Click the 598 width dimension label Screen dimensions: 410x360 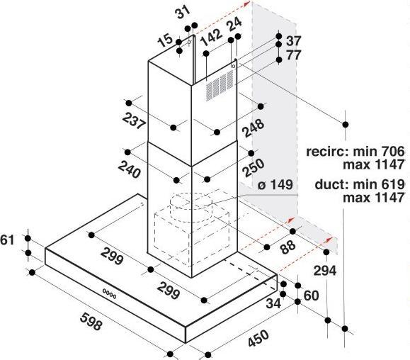point(91,321)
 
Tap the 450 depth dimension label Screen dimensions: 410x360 point(258,339)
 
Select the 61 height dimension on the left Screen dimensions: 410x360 point(7,240)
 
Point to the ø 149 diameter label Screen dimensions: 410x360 point(275,185)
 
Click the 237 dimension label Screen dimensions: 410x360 point(134,120)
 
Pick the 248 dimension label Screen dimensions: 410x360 point(254,128)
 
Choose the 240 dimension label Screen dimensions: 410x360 point(130,169)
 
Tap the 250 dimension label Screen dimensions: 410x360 point(254,168)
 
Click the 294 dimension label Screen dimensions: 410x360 point(325,271)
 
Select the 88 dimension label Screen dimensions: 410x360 point(288,247)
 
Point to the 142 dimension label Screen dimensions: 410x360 point(211,37)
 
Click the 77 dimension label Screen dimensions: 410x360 point(294,55)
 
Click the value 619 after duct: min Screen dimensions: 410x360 point(393,184)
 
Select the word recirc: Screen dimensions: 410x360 point(328,152)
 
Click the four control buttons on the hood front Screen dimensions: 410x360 point(110,294)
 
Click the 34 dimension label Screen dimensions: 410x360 point(273,303)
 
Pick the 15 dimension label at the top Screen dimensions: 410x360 point(165,40)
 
